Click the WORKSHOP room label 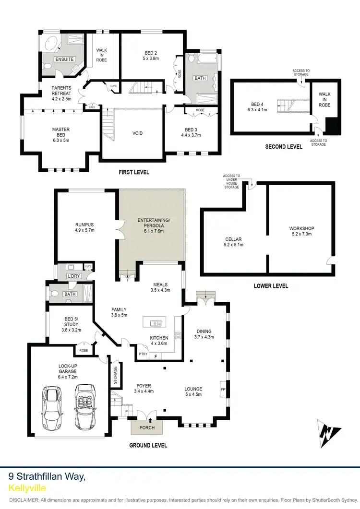tap(301, 228)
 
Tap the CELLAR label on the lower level tap(233, 239)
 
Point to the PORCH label tap(147, 427)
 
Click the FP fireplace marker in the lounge tap(223, 389)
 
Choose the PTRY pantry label tap(143, 354)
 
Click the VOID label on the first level tap(138, 133)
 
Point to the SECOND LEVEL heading tap(284, 147)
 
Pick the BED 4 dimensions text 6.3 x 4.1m tap(259, 109)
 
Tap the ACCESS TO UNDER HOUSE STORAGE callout tap(231, 181)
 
